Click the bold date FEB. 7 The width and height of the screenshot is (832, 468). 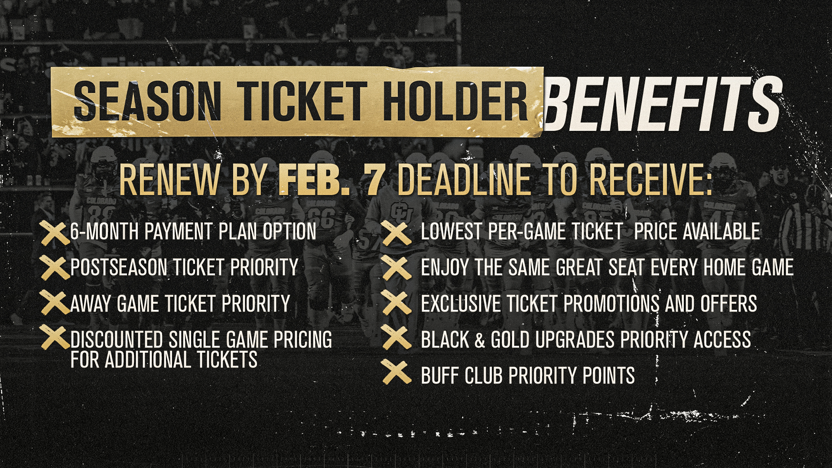pos(331,179)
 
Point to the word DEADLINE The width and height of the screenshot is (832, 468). pos(463,179)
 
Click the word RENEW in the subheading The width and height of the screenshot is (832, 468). pos(169,179)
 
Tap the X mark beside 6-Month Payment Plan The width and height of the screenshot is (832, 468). pos(55,233)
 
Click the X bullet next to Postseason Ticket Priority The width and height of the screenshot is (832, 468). pos(55,267)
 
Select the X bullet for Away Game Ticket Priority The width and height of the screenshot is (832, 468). pos(55,302)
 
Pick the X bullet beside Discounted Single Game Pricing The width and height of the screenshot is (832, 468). pos(55,338)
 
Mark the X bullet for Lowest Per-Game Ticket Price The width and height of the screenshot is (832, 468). pos(396,233)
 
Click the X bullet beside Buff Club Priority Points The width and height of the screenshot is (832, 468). pos(396,373)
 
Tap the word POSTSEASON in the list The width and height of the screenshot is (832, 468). pos(119,267)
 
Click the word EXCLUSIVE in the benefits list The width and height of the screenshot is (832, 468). pos(460,303)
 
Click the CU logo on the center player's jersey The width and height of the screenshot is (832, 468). pos(401,213)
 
